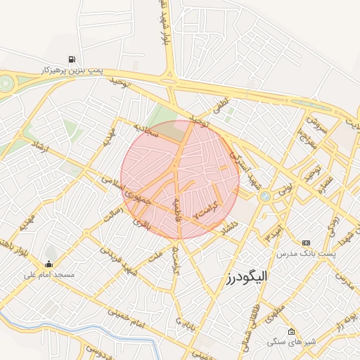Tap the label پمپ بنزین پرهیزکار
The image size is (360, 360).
(x=73, y=72)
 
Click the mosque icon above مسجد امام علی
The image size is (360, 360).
(x=48, y=264)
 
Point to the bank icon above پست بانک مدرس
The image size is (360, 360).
(x=306, y=242)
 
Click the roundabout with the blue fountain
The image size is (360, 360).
(x=265, y=198)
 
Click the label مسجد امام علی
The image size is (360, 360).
(x=48, y=276)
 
